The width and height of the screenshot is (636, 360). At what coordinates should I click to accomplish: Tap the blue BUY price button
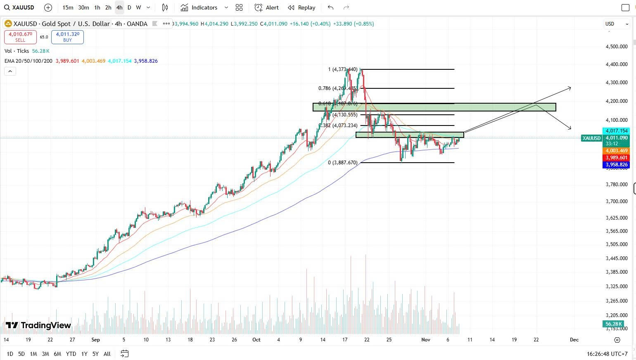point(67,37)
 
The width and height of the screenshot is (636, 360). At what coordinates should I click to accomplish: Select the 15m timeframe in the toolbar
point(68,7)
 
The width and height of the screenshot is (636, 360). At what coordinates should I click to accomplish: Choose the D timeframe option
point(129,7)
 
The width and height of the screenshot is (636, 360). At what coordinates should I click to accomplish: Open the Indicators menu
point(200,7)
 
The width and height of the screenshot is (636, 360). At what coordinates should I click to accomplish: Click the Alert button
point(266,7)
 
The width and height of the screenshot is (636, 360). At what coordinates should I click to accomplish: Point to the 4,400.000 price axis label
point(617,64)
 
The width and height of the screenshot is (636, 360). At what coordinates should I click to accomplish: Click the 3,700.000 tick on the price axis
point(617,201)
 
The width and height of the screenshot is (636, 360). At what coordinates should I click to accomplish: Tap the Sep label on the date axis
point(95,340)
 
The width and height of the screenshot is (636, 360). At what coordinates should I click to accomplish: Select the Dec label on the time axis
point(574,340)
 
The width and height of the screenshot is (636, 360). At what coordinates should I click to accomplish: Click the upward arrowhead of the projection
point(570,88)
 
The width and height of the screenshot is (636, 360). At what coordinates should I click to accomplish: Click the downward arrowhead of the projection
point(570,128)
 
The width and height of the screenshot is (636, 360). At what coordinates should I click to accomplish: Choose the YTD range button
point(71,354)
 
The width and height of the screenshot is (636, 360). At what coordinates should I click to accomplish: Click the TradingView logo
point(38,325)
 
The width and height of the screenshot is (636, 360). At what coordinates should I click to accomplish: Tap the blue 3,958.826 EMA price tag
point(616,165)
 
